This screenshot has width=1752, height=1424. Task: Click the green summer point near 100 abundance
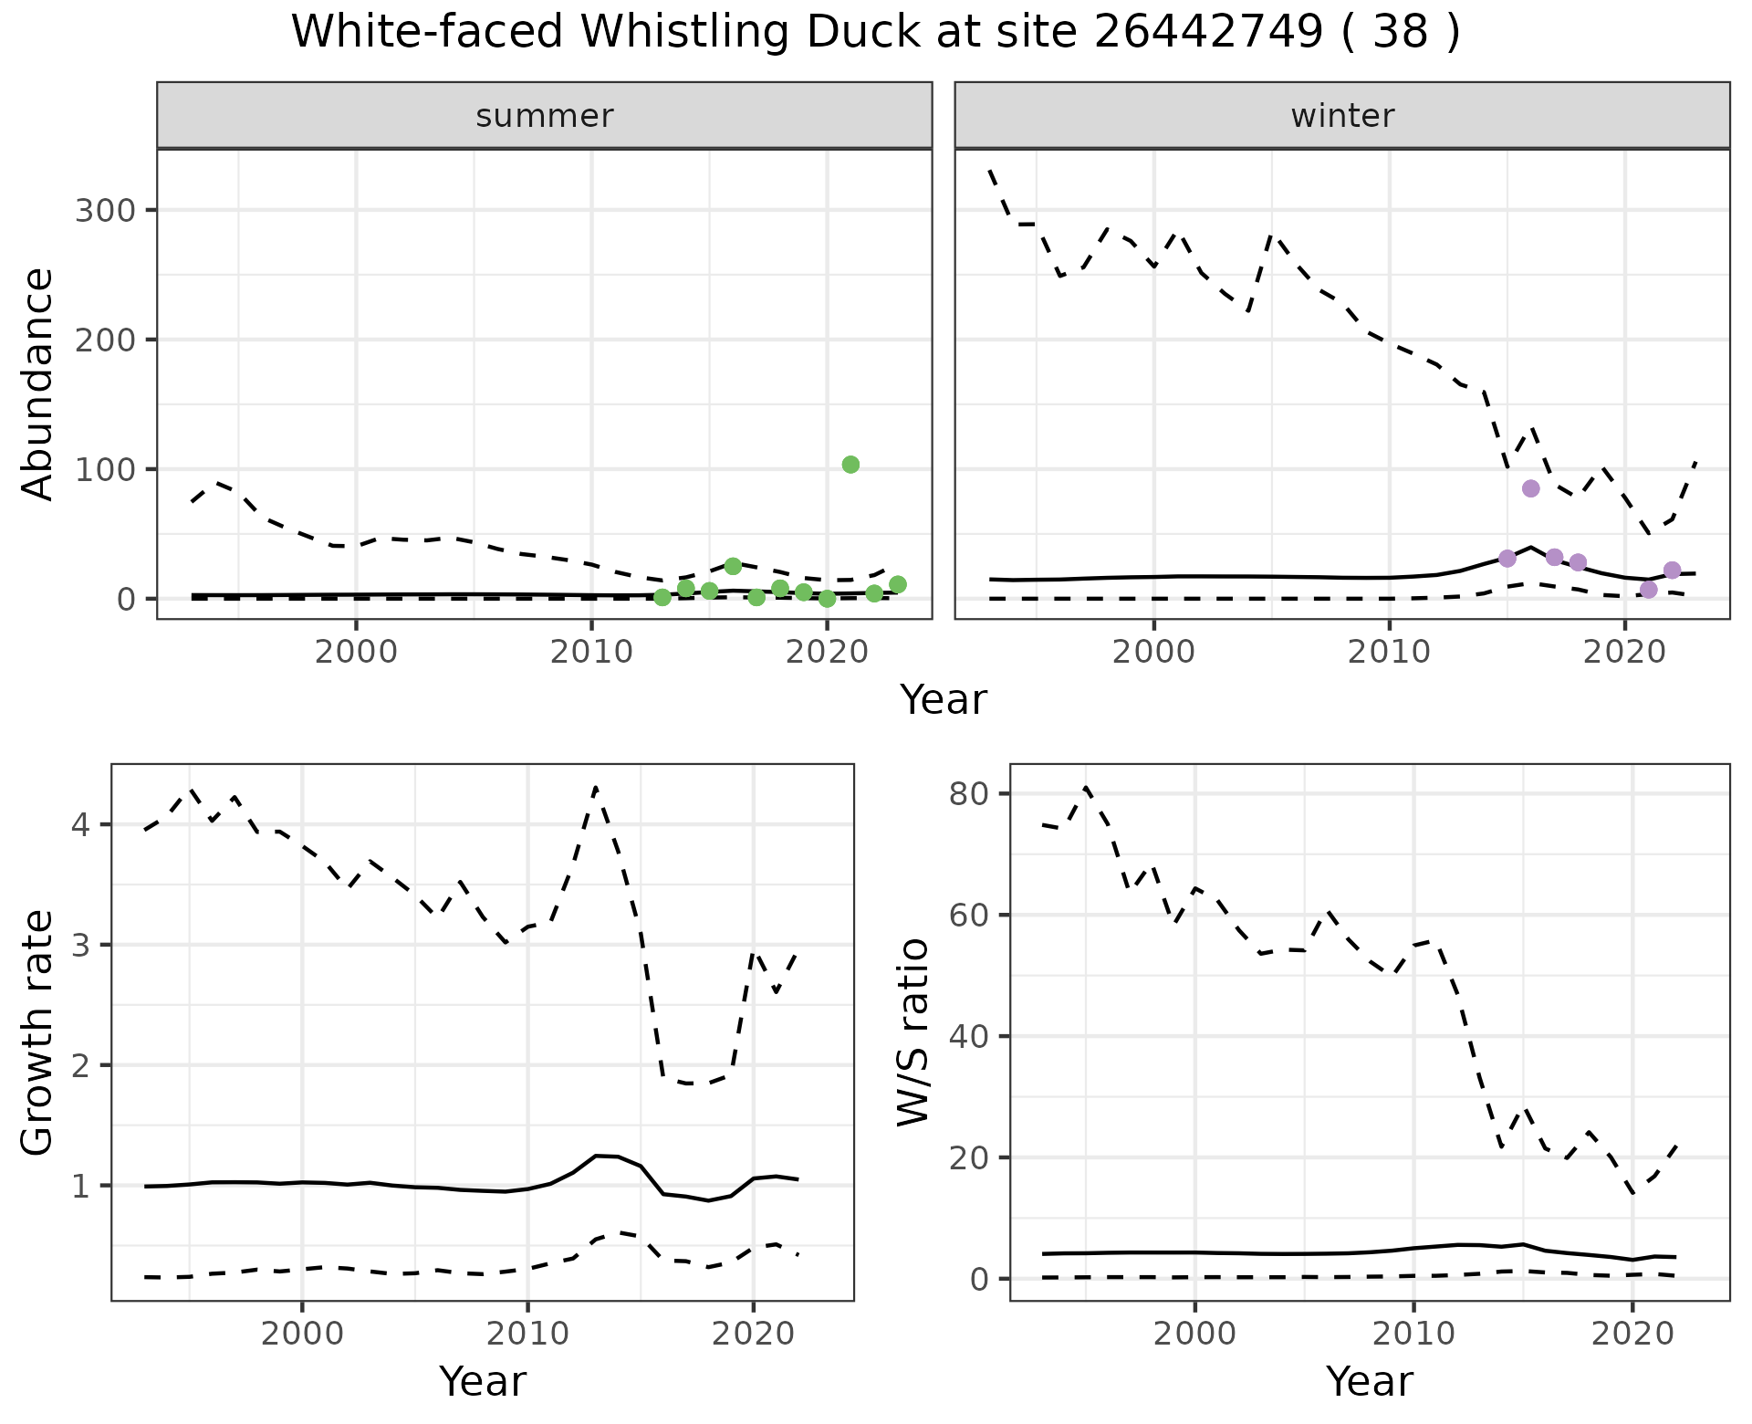850,465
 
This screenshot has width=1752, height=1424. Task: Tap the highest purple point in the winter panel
1531,488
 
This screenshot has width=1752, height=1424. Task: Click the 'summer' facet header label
545,116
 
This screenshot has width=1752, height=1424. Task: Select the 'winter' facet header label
1342,116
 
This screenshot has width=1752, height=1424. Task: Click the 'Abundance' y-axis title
38,383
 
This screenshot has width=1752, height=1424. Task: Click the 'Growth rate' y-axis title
38,1033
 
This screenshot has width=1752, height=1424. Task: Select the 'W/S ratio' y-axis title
912,1031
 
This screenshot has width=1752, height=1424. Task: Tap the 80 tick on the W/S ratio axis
967,794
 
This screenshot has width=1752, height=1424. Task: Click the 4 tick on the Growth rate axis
79,825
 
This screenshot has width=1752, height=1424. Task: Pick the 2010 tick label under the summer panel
591,654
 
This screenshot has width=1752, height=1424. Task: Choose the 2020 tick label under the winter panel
1624,654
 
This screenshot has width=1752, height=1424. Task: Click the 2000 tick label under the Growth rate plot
302,1335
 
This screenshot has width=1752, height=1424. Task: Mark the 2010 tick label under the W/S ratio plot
1413,1335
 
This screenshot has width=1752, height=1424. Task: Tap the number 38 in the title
1400,33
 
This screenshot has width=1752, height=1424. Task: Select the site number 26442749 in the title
1208,33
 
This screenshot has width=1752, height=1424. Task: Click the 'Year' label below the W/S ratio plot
1370,1382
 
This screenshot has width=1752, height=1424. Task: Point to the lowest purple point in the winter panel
1648,590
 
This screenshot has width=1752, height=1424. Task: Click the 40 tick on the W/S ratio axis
967,1037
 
